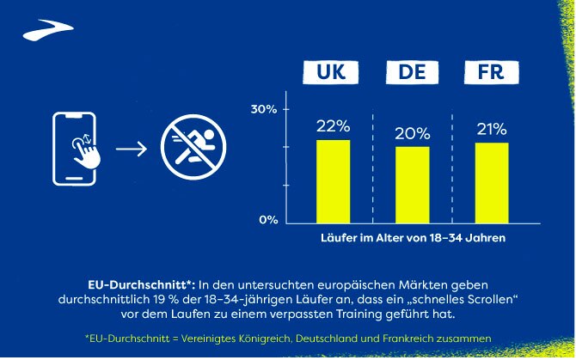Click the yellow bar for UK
click(333, 179)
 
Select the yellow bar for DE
click(413, 182)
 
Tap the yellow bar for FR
click(492, 180)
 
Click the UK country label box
click(333, 73)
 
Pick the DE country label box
click(412, 73)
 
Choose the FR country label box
click(492, 73)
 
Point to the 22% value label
click(332, 126)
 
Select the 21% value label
click(491, 130)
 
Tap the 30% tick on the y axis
click(264, 110)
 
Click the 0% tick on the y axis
click(268, 220)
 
